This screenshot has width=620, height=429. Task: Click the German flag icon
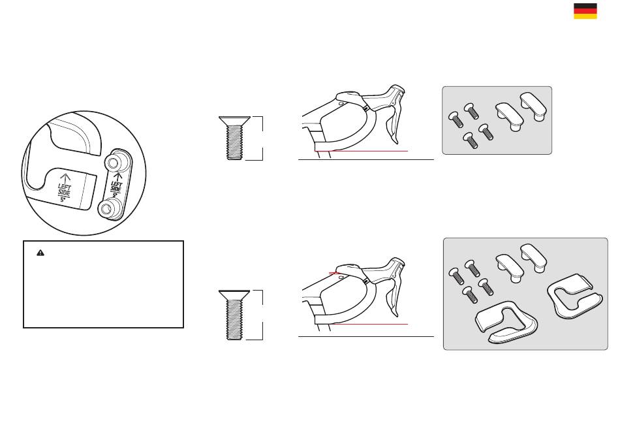pyautogui.click(x=585, y=11)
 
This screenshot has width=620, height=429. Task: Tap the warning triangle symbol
pyautogui.click(x=40, y=253)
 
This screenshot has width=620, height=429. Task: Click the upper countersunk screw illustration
pyautogui.click(x=234, y=138)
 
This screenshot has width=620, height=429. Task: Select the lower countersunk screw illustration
pyautogui.click(x=234, y=315)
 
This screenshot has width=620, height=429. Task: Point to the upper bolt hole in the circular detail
pyautogui.click(x=113, y=162)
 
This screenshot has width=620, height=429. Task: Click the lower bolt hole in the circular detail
pyautogui.click(x=106, y=208)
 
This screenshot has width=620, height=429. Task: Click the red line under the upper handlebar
pyautogui.click(x=361, y=151)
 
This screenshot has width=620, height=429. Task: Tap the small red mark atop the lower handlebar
pyautogui.click(x=335, y=273)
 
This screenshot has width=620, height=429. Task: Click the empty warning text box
pyautogui.click(x=103, y=284)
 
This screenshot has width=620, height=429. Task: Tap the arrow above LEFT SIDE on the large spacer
pyautogui.click(x=65, y=178)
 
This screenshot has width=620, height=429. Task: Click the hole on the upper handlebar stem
pyautogui.click(x=341, y=104)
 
